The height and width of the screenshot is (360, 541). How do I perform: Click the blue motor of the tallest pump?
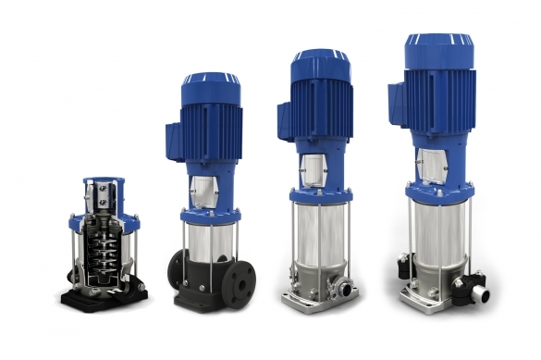443,88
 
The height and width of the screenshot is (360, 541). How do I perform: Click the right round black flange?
242,279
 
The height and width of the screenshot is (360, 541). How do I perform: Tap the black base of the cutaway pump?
102,296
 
